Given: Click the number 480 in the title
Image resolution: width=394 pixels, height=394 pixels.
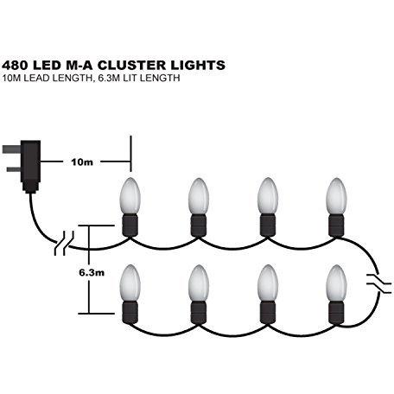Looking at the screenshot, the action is pos(15,65).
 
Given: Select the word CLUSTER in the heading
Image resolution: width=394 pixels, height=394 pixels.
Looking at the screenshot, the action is pos(132,65).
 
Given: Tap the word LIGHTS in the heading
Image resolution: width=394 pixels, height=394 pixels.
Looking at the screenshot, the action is pos(198,65).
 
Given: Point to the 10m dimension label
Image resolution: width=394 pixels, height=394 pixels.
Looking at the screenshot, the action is pos(82,162).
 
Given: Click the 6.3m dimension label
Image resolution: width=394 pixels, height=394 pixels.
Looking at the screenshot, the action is pos(92,272).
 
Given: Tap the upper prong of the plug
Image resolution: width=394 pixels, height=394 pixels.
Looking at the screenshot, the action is pos(11,149).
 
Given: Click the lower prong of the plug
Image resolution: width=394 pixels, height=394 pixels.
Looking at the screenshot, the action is pos(14,169).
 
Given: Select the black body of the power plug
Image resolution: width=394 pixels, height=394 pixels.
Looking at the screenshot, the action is pos(30,166).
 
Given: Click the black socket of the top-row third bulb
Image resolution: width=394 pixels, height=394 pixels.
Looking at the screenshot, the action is pos(268,226).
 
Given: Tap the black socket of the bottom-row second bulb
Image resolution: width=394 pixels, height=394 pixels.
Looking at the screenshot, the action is pos(199,313).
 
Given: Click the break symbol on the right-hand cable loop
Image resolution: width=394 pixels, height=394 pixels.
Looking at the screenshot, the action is pos(378,283).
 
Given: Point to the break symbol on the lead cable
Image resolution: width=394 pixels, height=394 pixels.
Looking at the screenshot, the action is pos(64,243).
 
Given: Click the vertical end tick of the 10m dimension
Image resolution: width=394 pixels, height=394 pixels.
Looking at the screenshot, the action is pos(131,154).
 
